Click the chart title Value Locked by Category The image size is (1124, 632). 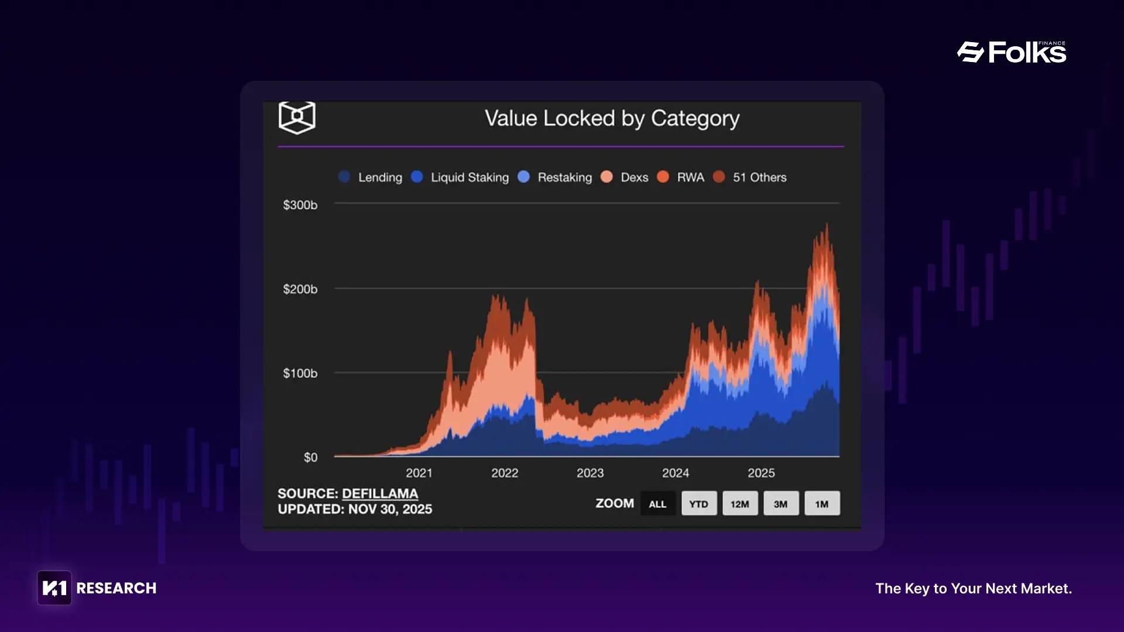[612, 118]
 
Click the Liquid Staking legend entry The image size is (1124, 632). [460, 177]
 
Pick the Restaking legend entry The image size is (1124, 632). [555, 177]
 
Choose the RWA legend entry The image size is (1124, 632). [681, 177]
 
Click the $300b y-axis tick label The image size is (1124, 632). [300, 205]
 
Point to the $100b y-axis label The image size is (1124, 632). [300, 373]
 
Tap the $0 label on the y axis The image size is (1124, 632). [310, 458]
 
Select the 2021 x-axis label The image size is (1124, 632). [419, 473]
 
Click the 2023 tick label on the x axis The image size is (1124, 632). [590, 473]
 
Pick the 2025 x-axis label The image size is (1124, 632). [761, 473]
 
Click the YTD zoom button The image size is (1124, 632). [699, 504]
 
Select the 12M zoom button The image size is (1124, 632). [740, 504]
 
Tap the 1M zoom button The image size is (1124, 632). [822, 504]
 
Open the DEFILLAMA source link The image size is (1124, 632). [380, 494]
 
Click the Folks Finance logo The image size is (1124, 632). [1012, 53]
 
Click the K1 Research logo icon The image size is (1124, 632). [54, 588]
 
